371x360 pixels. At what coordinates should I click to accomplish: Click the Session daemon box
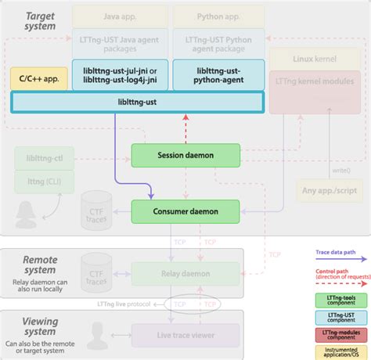pos(185,155)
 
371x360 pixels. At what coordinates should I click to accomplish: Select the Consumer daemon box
pos(185,210)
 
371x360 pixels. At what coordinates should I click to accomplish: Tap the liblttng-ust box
pos(138,103)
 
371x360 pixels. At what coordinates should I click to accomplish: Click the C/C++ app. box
pos(38,78)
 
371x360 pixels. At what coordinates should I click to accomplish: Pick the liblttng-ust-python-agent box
pos(218,75)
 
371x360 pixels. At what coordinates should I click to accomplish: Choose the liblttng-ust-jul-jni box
pos(118,75)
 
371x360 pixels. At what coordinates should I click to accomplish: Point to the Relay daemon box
pos(185,274)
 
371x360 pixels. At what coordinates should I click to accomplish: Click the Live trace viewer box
pos(185,335)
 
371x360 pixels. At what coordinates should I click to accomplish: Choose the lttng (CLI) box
pos(42,182)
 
